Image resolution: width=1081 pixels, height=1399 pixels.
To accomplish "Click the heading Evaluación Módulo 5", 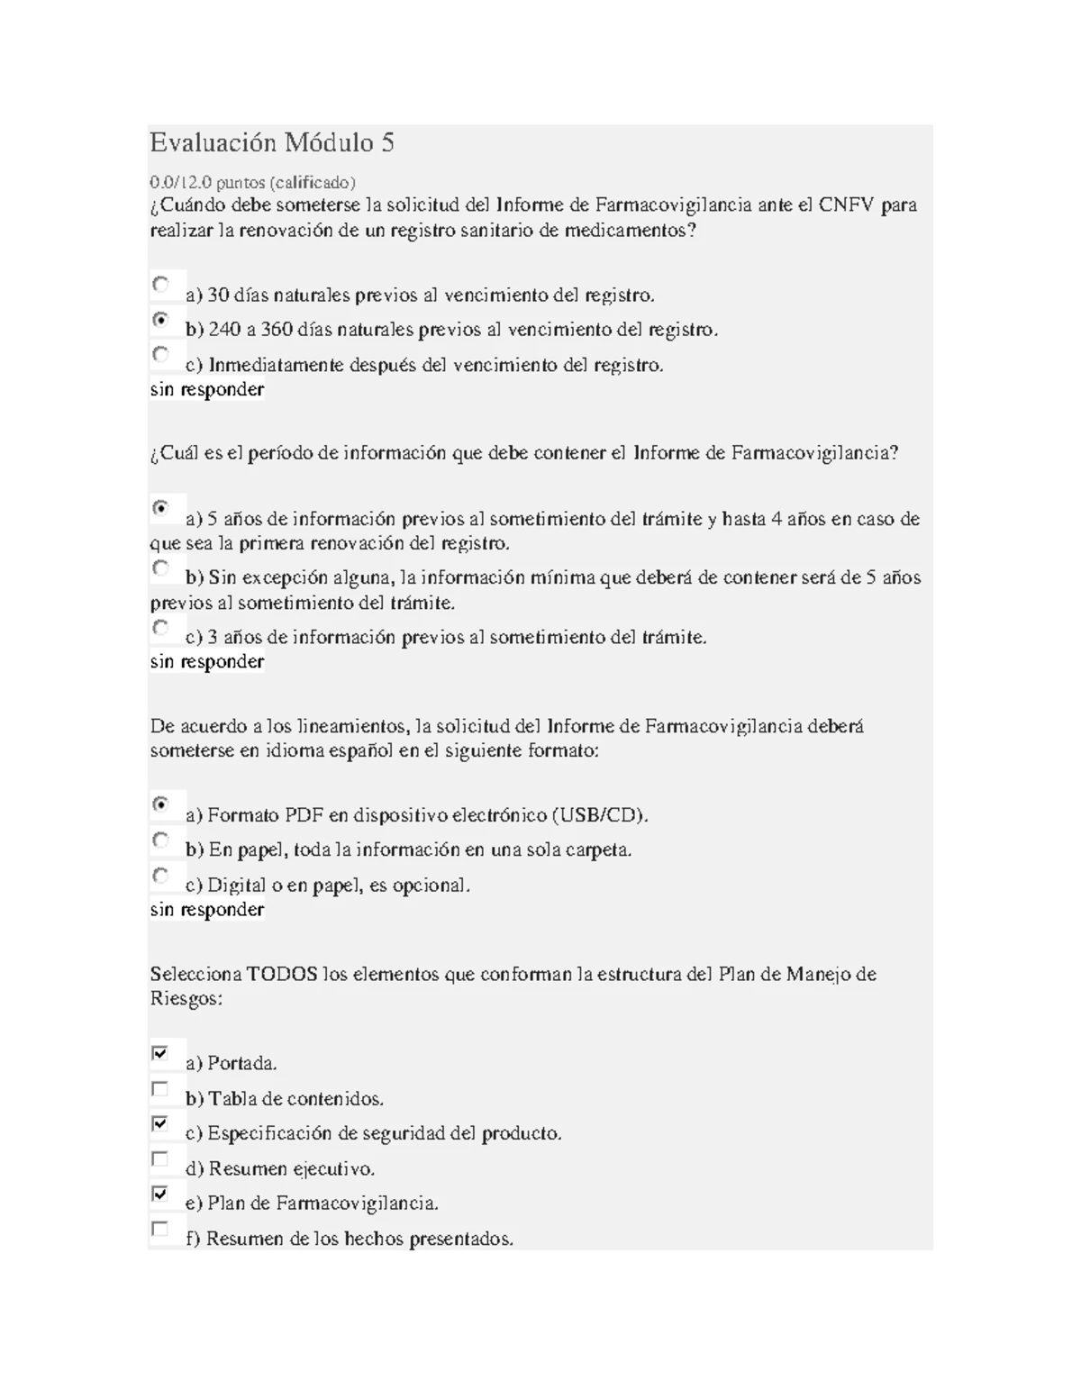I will click(272, 143).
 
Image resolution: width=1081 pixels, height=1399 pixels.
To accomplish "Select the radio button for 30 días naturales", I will click(160, 285).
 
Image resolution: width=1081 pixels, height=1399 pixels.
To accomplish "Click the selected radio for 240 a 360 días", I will click(160, 319).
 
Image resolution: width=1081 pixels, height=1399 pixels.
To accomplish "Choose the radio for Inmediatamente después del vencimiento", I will click(160, 354).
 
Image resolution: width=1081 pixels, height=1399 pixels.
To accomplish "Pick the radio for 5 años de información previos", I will click(160, 508).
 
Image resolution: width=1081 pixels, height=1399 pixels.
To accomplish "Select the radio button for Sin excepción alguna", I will click(160, 568).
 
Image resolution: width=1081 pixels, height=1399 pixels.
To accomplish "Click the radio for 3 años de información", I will click(160, 627).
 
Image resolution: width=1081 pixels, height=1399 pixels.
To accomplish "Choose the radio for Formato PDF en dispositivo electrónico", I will click(160, 804).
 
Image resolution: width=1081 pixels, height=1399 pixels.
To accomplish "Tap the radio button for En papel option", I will click(160, 840).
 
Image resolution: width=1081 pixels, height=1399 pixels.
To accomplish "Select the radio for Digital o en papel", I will click(160, 875).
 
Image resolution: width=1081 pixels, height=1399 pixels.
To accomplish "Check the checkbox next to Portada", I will click(160, 1053).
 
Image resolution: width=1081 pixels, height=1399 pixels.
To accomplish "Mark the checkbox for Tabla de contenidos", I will click(160, 1088).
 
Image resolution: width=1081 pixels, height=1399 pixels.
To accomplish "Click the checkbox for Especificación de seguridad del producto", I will click(160, 1123).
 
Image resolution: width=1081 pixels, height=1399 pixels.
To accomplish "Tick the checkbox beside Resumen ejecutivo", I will click(160, 1158).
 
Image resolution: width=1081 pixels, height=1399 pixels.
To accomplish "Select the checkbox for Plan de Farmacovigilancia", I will click(160, 1194).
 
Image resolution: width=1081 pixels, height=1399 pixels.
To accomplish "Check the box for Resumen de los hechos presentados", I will click(160, 1229).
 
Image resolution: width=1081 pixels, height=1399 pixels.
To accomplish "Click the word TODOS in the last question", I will click(282, 975).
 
